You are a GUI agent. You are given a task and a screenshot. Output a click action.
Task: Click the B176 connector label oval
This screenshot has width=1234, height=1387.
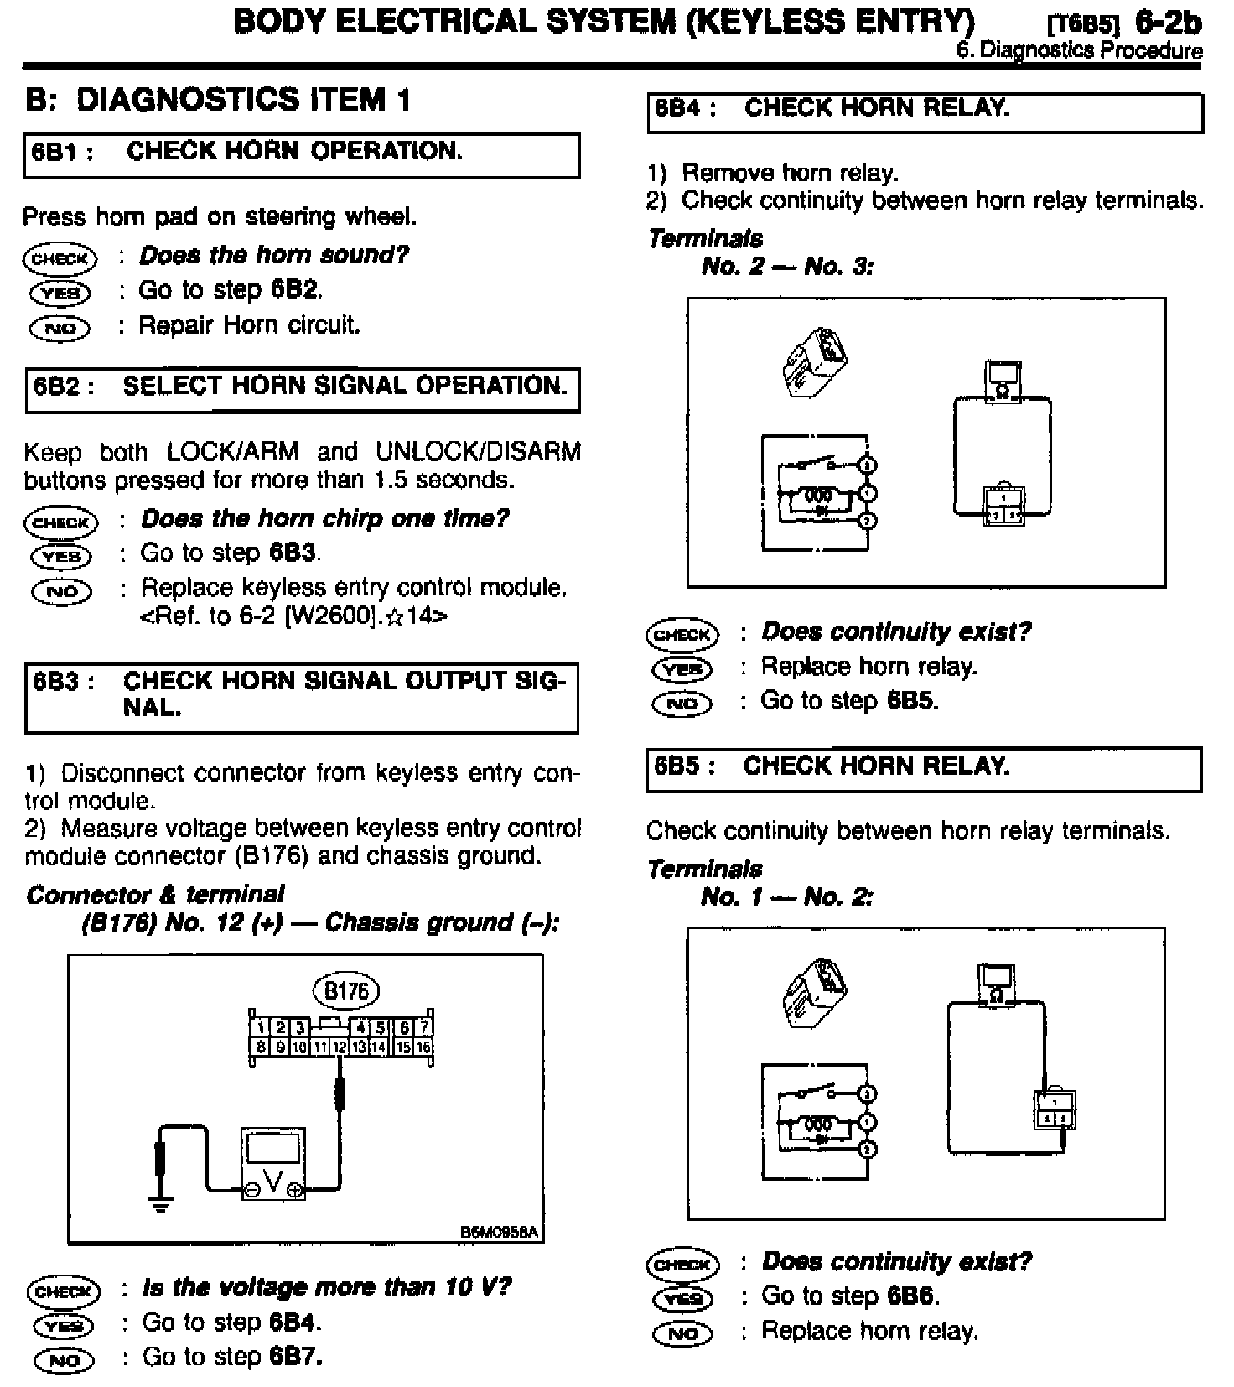(346, 991)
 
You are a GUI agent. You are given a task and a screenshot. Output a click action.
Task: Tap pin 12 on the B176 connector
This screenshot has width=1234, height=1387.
(339, 1047)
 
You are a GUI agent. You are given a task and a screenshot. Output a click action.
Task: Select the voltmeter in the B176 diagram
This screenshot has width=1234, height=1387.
(273, 1163)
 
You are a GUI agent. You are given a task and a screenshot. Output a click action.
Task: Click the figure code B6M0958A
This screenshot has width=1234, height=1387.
(498, 1233)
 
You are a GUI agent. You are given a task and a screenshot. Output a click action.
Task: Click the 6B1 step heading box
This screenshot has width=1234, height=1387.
(302, 155)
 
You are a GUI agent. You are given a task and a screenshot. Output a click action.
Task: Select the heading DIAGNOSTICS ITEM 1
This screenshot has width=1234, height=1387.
(218, 100)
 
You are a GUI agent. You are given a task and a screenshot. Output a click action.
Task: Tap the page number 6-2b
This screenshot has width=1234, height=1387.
(1169, 23)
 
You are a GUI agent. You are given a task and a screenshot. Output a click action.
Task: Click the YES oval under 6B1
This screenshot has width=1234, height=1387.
(60, 293)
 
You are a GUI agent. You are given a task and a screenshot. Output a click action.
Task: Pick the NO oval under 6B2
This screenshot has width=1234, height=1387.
(61, 591)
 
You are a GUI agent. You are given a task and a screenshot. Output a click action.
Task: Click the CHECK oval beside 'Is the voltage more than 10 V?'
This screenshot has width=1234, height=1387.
(63, 1291)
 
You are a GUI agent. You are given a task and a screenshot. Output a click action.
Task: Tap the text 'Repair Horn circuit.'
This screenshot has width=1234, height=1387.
(249, 325)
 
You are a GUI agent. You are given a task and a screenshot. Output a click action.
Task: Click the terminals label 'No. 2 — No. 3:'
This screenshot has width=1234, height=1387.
(787, 267)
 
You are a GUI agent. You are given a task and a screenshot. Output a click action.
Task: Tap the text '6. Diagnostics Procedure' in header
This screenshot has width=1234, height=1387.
(1078, 50)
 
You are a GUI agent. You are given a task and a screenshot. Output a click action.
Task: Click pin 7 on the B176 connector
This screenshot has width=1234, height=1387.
(424, 1027)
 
